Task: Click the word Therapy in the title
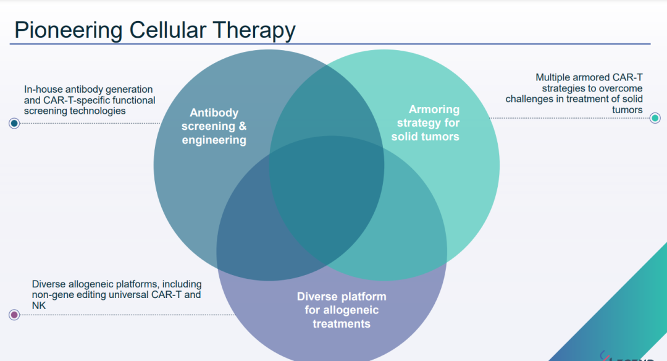click(x=256, y=30)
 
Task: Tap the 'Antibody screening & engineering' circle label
click(x=214, y=127)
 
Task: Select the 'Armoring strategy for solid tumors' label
click(x=426, y=123)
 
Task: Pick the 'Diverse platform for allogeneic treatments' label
click(x=342, y=310)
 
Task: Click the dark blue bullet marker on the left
click(x=14, y=124)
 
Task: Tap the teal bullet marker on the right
click(x=655, y=118)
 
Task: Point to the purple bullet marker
click(x=14, y=315)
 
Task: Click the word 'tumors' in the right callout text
click(x=627, y=110)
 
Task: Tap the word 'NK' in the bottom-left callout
click(x=39, y=305)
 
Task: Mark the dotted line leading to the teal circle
click(x=568, y=118)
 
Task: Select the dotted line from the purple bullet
click(x=124, y=315)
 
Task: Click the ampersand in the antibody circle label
click(x=241, y=127)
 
